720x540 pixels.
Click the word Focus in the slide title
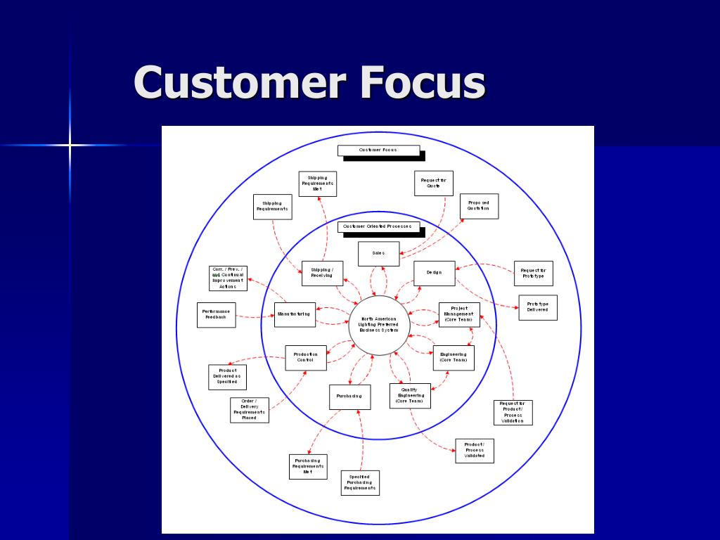(x=423, y=82)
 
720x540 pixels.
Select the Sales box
(x=378, y=254)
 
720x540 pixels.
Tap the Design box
(x=434, y=273)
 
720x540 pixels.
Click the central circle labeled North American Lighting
(x=379, y=325)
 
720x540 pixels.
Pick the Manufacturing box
(x=295, y=314)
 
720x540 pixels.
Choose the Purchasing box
(x=349, y=397)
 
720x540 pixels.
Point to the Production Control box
(x=306, y=357)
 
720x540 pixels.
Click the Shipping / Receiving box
(x=322, y=273)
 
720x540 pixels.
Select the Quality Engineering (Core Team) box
(x=410, y=396)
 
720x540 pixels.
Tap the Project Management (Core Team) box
(x=459, y=314)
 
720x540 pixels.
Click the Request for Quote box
(x=434, y=184)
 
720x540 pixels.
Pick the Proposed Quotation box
(x=479, y=206)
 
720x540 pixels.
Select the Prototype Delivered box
(x=537, y=307)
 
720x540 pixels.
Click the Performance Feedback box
(x=216, y=314)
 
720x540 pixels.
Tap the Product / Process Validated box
(x=474, y=451)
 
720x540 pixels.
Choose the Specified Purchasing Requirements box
(x=360, y=482)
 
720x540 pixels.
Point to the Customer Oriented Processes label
(x=378, y=226)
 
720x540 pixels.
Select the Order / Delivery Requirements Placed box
(x=250, y=410)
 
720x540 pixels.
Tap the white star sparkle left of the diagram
(x=70, y=146)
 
